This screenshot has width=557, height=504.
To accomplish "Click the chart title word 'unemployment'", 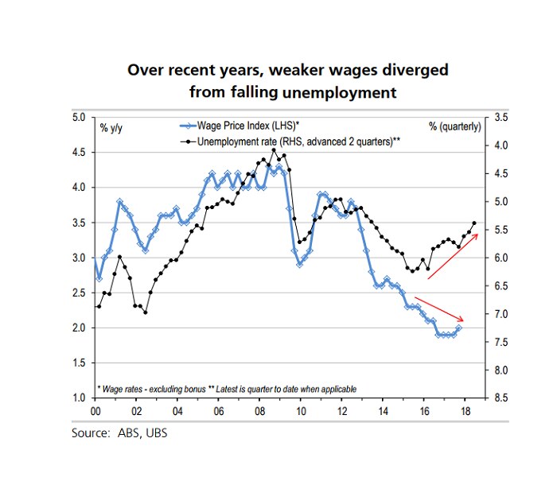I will point(345,92).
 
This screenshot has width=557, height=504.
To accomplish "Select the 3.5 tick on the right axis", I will point(501,117).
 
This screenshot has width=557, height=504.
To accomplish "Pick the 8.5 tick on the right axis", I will point(501,397).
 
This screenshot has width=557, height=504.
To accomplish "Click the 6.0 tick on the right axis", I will point(501,258).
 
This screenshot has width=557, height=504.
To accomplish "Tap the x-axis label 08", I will point(260,412).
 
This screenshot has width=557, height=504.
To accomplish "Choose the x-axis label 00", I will point(95,412).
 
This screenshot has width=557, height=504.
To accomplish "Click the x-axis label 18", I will point(465,412).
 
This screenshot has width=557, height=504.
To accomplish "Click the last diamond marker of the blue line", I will point(459,328).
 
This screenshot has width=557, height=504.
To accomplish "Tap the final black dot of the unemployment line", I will point(474,223).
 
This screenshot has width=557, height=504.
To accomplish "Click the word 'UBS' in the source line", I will point(157,433).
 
